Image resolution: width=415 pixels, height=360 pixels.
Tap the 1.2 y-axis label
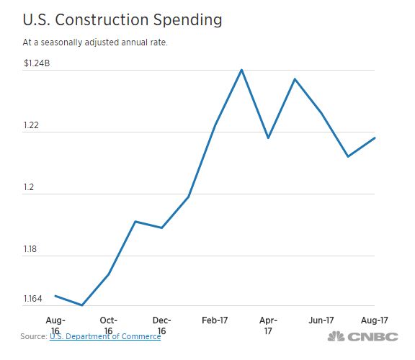click(x=29, y=188)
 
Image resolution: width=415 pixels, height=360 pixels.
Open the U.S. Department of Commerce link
click(x=105, y=336)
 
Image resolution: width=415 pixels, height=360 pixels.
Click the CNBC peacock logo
click(x=336, y=337)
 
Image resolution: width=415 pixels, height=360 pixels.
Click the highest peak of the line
click(x=241, y=70)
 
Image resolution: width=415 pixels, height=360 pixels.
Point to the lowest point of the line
click(x=82, y=305)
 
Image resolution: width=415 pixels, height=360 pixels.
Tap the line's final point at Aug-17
click(x=375, y=138)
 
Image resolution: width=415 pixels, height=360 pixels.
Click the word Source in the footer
click(x=32, y=336)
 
